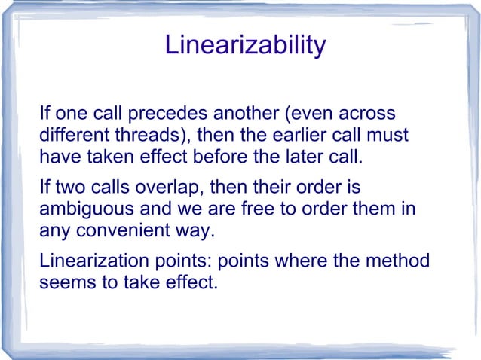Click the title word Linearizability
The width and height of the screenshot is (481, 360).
tap(245, 45)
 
